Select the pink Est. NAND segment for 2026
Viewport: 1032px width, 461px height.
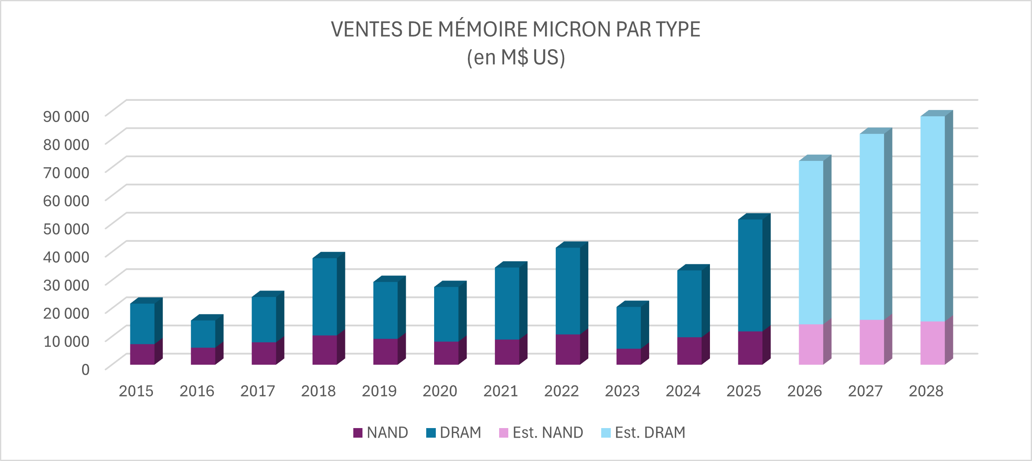click(811, 345)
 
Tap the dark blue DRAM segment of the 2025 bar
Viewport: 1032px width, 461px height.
click(750, 275)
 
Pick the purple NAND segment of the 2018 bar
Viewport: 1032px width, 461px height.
click(325, 350)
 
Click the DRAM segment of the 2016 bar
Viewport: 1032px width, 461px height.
click(203, 334)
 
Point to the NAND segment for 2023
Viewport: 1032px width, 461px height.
click(628, 357)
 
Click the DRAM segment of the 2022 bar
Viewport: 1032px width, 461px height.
click(567, 291)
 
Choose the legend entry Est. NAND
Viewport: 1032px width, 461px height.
click(541, 433)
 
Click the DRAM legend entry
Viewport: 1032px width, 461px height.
click(454, 433)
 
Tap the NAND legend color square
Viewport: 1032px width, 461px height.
click(357, 433)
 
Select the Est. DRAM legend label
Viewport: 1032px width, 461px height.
click(650, 433)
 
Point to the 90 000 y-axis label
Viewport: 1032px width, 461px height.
click(66, 116)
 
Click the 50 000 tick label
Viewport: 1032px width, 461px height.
click(66, 229)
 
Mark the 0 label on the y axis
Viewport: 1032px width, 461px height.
click(85, 369)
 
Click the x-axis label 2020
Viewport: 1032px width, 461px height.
click(440, 391)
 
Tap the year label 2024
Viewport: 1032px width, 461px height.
click(683, 391)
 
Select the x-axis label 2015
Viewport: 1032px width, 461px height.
click(136, 391)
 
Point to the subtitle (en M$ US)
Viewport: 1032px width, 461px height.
click(516, 58)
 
